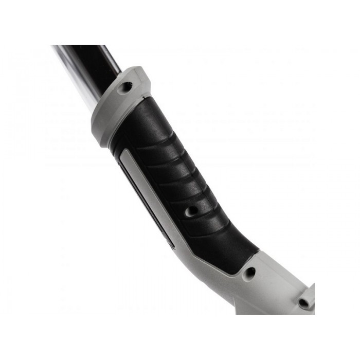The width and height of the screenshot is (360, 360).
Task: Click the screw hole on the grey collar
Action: (x=124, y=87)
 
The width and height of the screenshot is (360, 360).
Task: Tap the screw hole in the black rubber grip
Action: (x=191, y=210)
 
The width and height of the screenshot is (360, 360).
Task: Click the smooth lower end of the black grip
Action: (x=226, y=247)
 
